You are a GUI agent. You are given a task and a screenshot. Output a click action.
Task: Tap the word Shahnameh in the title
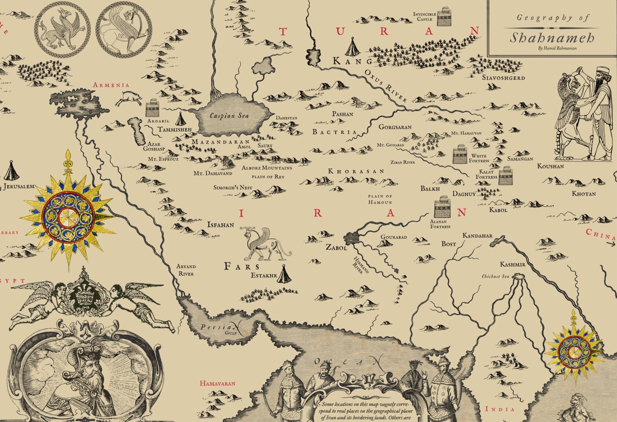[552, 38]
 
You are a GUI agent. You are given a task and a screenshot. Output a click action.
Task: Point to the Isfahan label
[220, 225]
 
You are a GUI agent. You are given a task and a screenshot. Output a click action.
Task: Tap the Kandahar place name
[477, 235]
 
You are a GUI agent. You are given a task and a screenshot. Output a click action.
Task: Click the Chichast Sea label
[495, 276]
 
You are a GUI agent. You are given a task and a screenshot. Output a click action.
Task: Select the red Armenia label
[111, 85]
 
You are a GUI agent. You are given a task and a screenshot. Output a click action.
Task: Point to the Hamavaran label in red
[217, 383]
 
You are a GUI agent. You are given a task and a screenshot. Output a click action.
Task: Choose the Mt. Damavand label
[213, 173]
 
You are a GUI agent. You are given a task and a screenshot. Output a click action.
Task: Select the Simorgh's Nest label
[233, 187]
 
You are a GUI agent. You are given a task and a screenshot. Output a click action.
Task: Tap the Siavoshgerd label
[503, 78]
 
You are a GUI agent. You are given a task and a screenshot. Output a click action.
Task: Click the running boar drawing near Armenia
[129, 98]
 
